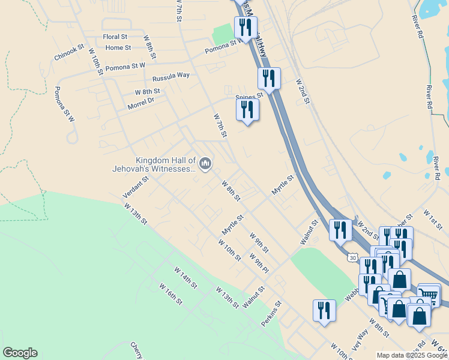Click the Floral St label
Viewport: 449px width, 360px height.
(x=115, y=37)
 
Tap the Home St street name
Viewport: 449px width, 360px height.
(x=118, y=48)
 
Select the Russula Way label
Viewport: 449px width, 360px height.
(x=171, y=76)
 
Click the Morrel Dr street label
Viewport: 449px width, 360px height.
(x=141, y=103)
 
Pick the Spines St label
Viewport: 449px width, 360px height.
(x=249, y=95)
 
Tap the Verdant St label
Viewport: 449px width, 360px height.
(x=136, y=188)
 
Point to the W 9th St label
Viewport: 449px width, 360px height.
(x=259, y=242)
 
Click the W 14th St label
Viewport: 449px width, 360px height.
(x=186, y=278)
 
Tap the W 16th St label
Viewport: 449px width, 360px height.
(x=170, y=293)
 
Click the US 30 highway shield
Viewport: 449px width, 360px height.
(x=352, y=257)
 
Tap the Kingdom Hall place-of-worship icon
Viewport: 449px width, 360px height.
(x=205, y=164)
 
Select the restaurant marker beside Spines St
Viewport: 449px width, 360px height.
(x=247, y=109)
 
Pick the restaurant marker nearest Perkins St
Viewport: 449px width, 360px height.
(x=324, y=310)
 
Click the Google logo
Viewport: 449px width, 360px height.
(x=20, y=353)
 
